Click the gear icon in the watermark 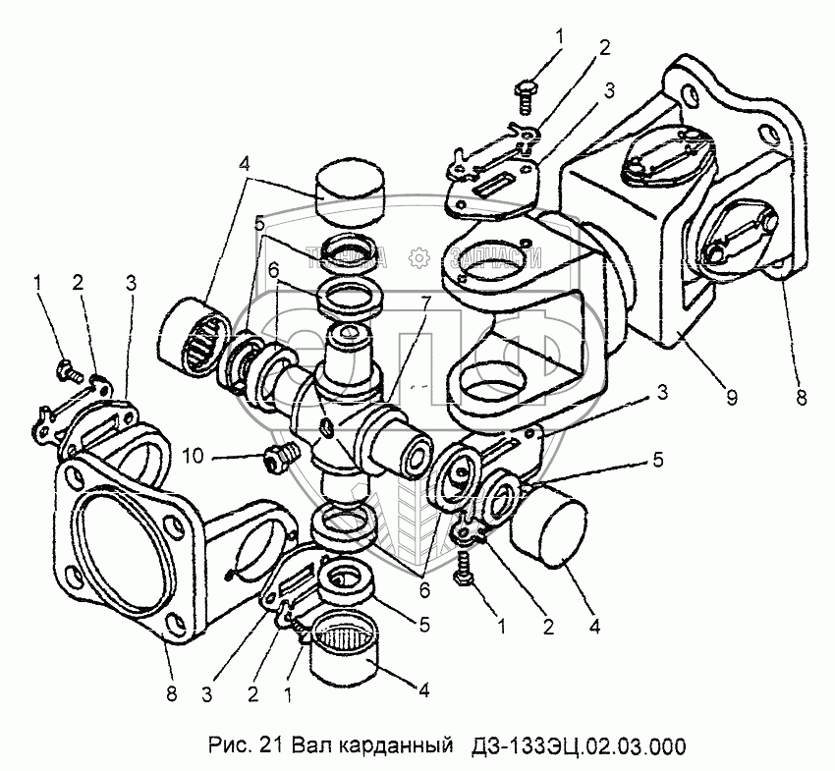coord(417,257)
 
